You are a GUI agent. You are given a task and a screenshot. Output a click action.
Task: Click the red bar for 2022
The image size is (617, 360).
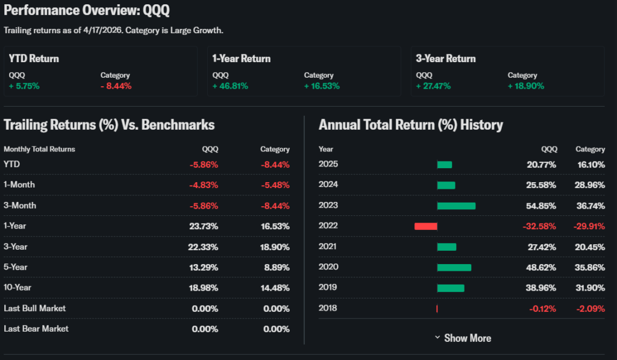click(x=425, y=226)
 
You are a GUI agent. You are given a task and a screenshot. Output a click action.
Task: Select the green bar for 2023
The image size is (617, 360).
click(x=456, y=206)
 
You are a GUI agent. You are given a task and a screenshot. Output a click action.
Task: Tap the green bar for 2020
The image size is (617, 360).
click(x=454, y=267)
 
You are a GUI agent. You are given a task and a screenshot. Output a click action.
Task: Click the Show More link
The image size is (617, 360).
click(x=463, y=338)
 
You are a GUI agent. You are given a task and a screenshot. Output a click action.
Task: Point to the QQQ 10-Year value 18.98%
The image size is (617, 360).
click(x=204, y=288)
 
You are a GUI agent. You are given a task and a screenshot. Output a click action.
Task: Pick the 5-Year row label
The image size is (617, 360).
click(x=16, y=267)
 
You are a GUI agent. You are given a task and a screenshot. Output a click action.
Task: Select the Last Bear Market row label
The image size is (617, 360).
click(x=36, y=329)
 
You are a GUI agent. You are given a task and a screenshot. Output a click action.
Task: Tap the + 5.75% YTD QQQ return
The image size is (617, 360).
click(x=24, y=86)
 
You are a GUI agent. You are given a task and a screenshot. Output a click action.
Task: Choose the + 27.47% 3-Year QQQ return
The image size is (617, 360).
click(x=434, y=86)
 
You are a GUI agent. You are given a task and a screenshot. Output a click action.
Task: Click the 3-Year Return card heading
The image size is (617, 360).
click(x=445, y=58)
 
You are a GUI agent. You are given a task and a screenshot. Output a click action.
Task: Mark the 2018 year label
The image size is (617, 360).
click(x=328, y=308)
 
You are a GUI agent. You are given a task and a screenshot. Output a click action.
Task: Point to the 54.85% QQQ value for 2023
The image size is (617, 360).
click(x=540, y=206)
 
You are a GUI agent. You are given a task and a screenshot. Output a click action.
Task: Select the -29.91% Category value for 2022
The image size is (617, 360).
click(x=589, y=226)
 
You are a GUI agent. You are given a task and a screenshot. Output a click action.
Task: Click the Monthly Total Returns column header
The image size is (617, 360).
click(x=39, y=149)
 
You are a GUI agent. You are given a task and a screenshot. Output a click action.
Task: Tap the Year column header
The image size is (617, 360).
click(x=326, y=149)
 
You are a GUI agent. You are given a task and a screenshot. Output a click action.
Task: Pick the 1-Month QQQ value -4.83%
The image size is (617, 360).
click(x=204, y=185)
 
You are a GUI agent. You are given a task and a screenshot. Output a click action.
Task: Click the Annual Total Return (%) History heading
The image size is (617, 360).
click(x=410, y=125)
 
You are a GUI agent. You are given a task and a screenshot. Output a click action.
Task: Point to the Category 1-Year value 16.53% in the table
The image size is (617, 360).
click(x=275, y=226)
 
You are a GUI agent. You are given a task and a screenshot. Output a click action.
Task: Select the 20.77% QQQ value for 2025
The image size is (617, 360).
click(x=540, y=165)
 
